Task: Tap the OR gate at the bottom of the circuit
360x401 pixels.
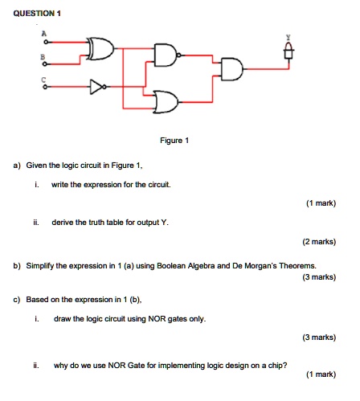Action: (166, 102)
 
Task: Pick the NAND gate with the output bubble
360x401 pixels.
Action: (167, 55)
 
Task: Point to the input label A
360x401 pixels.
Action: (44, 34)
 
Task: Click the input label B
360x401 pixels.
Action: (43, 57)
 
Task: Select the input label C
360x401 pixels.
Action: (43, 80)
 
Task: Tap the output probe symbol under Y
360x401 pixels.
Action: (288, 51)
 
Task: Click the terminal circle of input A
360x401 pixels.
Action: (46, 42)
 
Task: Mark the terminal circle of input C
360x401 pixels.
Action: (46, 87)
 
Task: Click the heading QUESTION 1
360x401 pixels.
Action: (37, 14)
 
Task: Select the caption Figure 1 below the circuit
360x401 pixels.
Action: (174, 141)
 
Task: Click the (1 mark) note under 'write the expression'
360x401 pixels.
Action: (321, 203)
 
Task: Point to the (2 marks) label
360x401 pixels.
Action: (319, 242)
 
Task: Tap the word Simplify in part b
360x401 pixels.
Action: (40, 266)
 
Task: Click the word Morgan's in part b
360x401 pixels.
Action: (261, 266)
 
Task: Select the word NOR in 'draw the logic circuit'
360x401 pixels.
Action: (157, 319)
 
